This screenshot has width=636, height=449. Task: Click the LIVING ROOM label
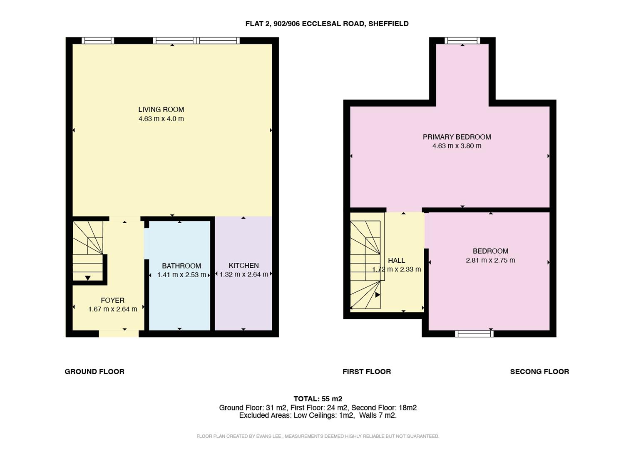click(x=161, y=109)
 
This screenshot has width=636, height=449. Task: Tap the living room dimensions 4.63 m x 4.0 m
click(x=161, y=119)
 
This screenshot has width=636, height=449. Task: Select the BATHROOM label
click(x=181, y=266)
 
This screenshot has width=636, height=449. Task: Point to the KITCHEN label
click(x=243, y=266)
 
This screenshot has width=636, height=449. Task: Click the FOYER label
click(x=112, y=300)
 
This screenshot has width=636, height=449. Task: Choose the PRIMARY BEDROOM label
click(x=457, y=137)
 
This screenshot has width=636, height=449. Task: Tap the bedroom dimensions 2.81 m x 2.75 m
click(x=490, y=261)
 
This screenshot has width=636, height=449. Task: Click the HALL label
click(x=396, y=261)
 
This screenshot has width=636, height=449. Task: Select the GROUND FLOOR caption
click(x=94, y=372)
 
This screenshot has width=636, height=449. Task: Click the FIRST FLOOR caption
click(x=367, y=372)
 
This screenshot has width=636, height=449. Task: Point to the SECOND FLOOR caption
click(x=539, y=372)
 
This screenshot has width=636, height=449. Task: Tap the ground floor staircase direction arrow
click(x=88, y=278)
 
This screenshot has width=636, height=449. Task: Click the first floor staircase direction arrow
click(x=378, y=295)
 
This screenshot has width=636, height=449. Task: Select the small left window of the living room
click(x=98, y=41)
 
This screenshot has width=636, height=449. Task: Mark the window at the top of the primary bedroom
click(x=462, y=41)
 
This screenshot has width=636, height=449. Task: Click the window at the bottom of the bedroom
click(x=474, y=333)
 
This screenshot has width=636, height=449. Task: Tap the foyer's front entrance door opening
click(x=119, y=333)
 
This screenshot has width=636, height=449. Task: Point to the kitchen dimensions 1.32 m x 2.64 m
click(x=243, y=274)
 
